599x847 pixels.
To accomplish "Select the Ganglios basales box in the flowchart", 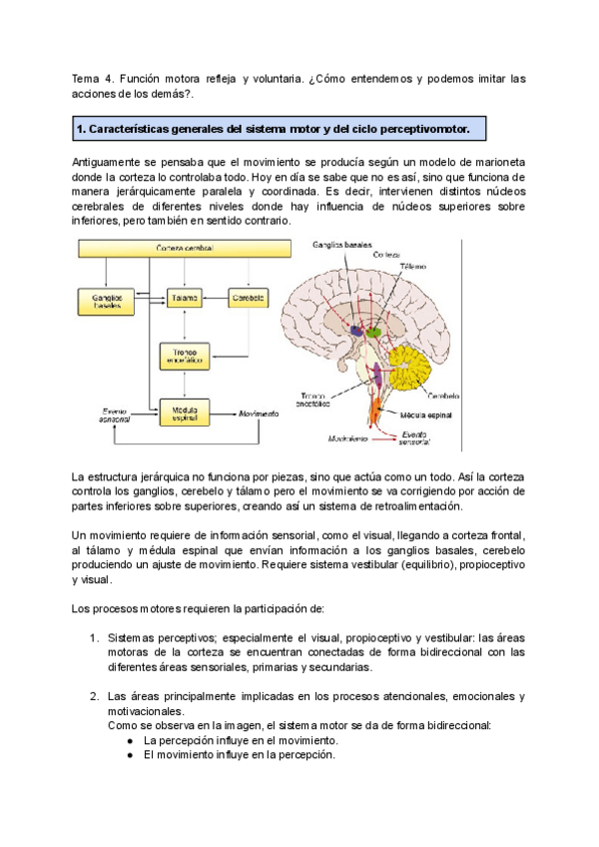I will (106, 303).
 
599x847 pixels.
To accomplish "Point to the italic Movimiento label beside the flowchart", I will (259, 412).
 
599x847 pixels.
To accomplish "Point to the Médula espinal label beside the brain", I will (427, 412).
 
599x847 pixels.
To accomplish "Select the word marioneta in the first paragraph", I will (491, 162).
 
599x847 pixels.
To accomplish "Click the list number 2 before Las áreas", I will (93, 696).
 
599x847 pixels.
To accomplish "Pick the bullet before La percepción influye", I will (132, 741).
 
